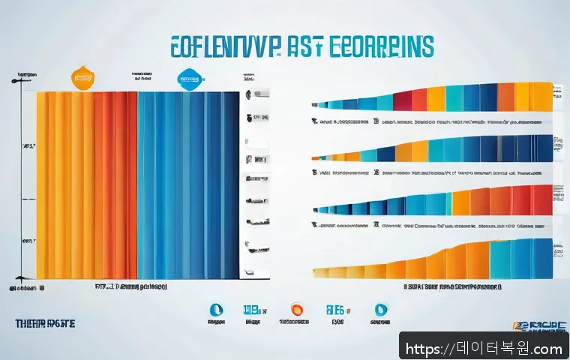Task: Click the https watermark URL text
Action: tap(484, 348)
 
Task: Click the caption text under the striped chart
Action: tap(131, 286)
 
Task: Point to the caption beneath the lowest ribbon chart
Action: tap(453, 286)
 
